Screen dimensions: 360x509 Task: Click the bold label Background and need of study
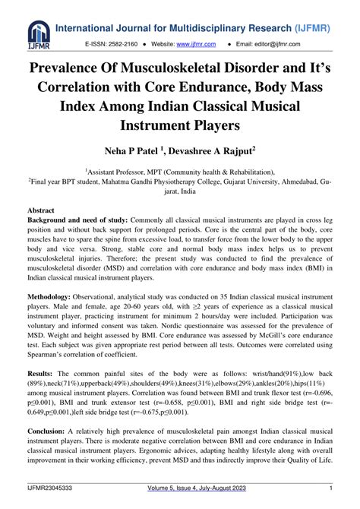[76, 219]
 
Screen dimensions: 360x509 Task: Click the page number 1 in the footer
[332, 488]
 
